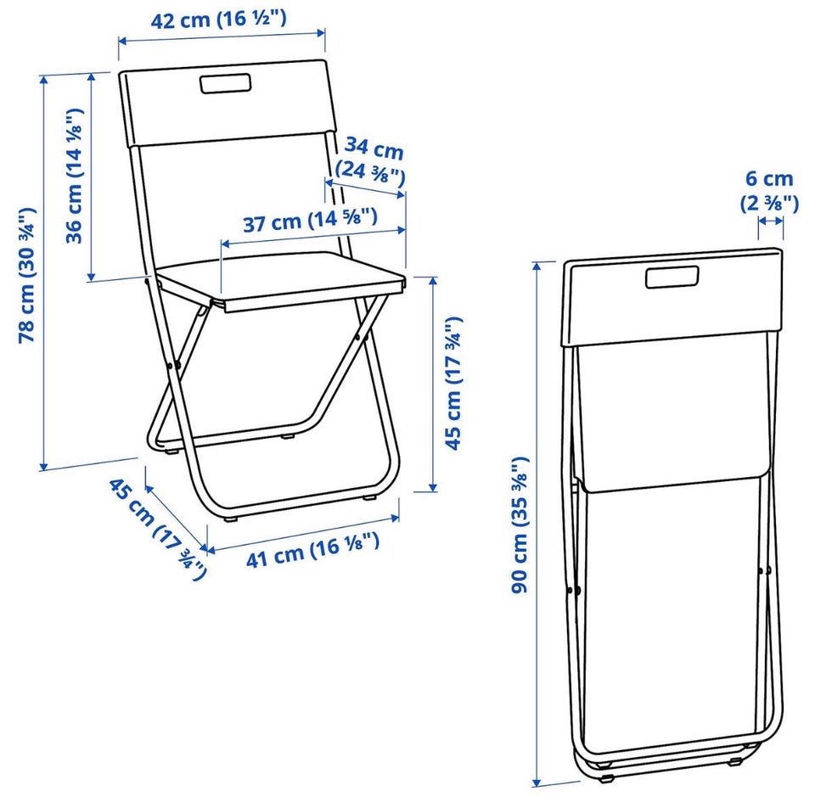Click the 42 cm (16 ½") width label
click(x=218, y=20)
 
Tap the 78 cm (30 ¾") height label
click(x=26, y=275)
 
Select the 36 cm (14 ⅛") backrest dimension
click(x=74, y=176)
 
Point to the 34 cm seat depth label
click(x=374, y=148)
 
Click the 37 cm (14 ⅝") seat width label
click(x=311, y=220)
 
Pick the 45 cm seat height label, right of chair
click(x=452, y=383)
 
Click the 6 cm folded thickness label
click(x=769, y=179)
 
